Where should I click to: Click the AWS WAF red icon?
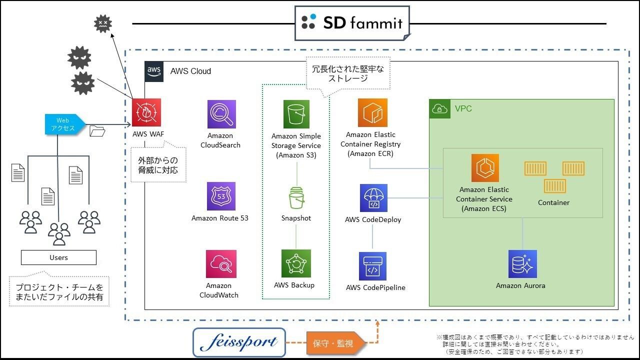(x=146, y=112)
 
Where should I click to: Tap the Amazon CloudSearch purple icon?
(x=221, y=114)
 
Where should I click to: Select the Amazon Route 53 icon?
(x=221, y=196)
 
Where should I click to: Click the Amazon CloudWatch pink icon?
(x=221, y=263)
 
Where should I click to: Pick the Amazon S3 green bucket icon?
(x=296, y=114)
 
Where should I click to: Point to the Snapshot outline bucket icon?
(x=296, y=197)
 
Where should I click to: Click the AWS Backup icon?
(x=296, y=263)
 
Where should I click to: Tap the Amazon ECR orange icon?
(x=372, y=112)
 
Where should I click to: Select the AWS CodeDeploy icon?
(x=373, y=197)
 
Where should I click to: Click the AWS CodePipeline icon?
(x=372, y=266)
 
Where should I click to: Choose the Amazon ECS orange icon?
(x=485, y=168)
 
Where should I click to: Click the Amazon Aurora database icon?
(x=522, y=263)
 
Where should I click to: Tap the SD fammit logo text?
(x=363, y=22)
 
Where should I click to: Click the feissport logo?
(x=239, y=342)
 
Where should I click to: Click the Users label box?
(x=58, y=257)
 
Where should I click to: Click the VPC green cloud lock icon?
(x=439, y=109)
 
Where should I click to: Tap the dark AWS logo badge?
(x=154, y=71)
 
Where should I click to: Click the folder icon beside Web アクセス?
(x=97, y=131)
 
